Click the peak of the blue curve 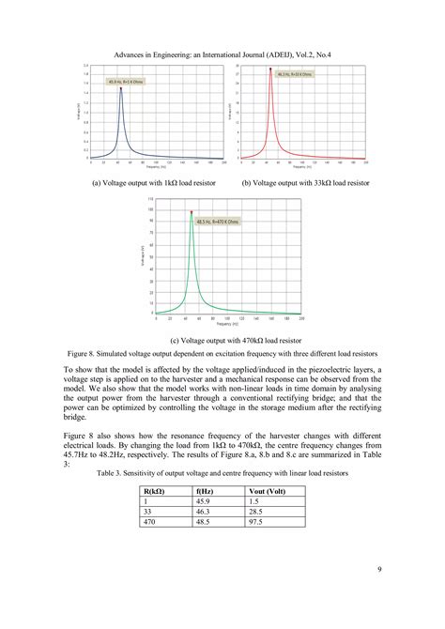coord(120,88)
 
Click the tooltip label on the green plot coord(218,222)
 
